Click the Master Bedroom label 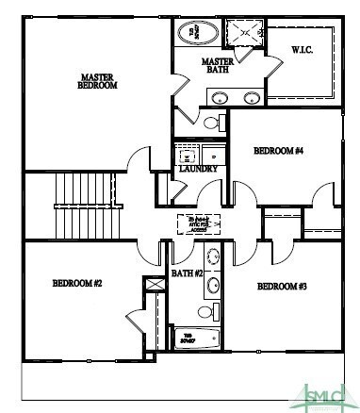pos(97,81)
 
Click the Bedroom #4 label pos(278,150)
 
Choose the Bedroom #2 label pos(76,283)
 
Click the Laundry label pos(198,170)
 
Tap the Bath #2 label pos(187,273)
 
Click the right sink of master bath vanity pos(252,96)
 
